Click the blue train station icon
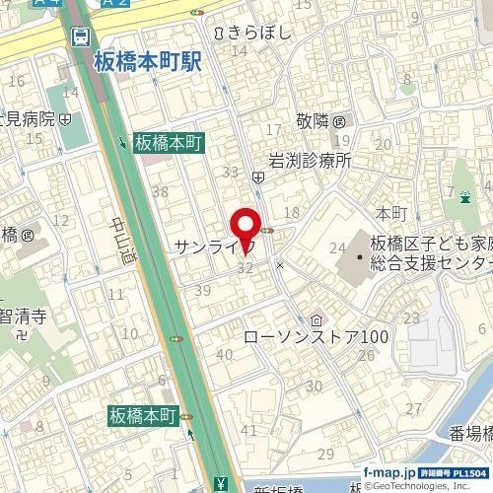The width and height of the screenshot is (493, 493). pos(81,36)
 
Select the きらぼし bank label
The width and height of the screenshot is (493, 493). pos(260,33)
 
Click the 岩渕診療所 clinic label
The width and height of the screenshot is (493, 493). pos(311,159)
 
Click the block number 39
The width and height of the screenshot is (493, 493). pos(204,290)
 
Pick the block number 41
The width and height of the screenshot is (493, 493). pos(249,430)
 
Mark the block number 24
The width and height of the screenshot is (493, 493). pos(337,247)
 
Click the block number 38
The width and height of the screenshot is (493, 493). pos(160,191)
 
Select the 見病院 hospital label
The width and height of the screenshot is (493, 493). pos(27,118)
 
